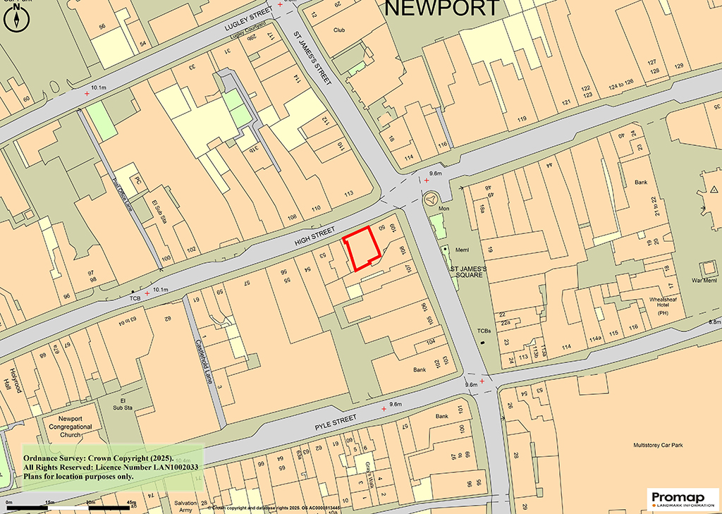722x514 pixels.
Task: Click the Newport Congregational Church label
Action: coord(70,427)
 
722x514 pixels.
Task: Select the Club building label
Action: coord(340,30)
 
